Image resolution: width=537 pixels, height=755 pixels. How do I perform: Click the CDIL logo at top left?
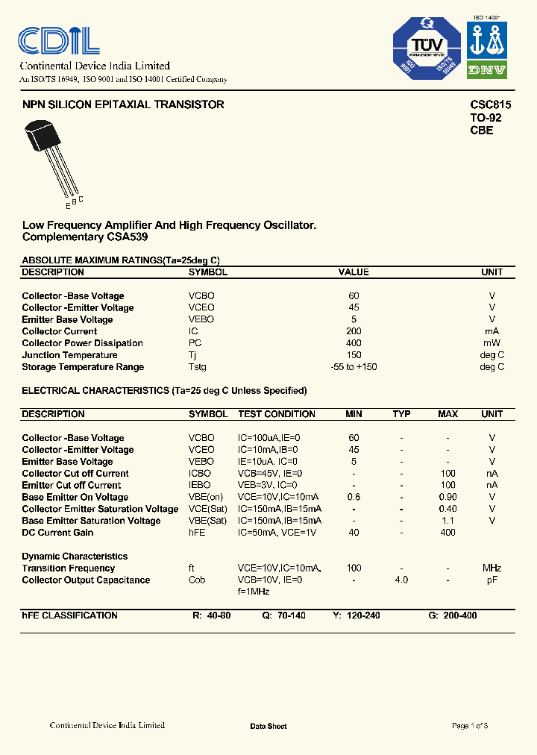click(59, 40)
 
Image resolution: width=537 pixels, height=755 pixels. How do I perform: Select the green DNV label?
click(487, 70)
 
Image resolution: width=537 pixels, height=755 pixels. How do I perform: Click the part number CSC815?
click(490, 105)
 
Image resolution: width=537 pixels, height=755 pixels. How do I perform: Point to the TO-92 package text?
click(485, 118)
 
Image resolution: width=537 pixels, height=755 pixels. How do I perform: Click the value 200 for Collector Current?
click(354, 331)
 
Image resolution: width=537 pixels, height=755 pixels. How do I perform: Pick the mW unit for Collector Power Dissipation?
click(492, 343)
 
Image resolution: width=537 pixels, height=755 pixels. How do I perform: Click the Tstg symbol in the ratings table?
click(198, 367)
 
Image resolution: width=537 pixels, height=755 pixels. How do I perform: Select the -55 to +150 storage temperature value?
click(354, 367)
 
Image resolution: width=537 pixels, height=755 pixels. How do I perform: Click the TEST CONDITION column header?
click(277, 414)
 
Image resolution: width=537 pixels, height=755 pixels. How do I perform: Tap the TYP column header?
click(401, 414)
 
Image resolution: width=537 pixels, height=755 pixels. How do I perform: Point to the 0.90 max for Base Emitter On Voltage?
click(447, 498)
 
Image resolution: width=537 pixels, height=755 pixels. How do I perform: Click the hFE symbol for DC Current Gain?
click(198, 533)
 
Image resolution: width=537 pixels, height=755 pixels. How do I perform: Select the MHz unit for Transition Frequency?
click(492, 568)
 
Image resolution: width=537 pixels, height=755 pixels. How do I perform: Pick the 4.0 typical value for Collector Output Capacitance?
click(401, 580)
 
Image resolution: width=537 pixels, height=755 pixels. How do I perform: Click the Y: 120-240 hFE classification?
click(357, 615)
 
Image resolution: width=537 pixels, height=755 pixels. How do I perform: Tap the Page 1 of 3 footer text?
click(470, 726)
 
